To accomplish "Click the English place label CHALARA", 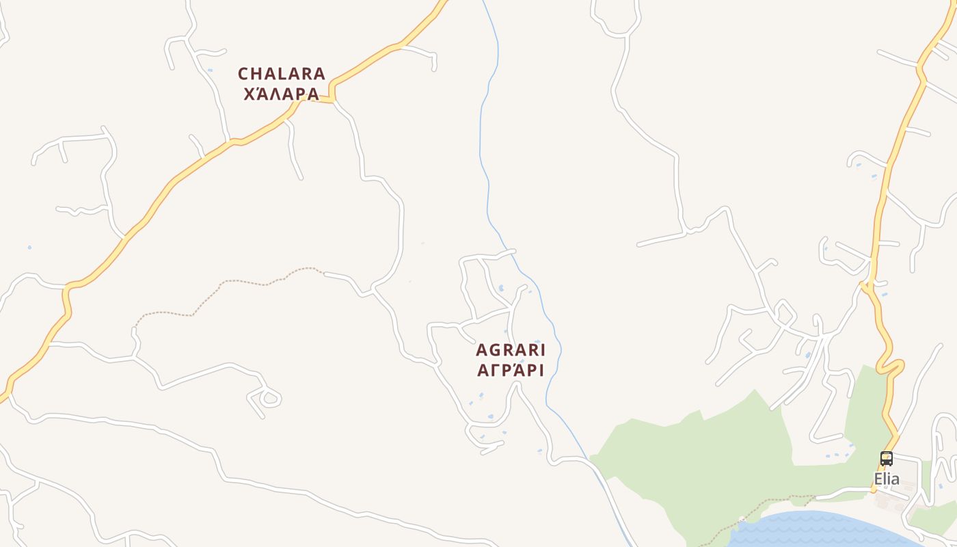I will [282, 73].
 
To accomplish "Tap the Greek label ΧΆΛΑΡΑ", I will [282, 94].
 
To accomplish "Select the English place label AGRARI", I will [511, 350].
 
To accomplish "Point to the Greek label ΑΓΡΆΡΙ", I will [511, 371].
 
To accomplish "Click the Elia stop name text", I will [887, 479].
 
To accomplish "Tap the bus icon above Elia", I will [887, 459].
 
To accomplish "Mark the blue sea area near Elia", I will [820, 530].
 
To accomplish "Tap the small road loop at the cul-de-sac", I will [269, 398].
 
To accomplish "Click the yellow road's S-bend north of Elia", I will [889, 362].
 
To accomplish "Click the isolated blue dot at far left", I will [29, 247].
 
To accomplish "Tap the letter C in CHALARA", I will [243, 73].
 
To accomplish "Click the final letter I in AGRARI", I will [542, 350].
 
